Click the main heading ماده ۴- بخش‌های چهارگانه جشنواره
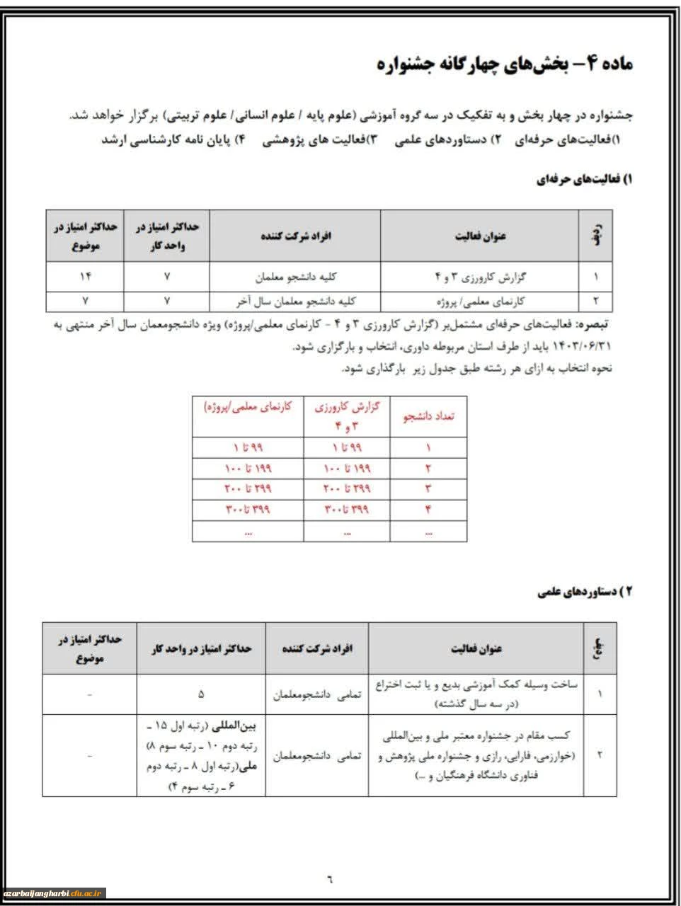click(x=505, y=64)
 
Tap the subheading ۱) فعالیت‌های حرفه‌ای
click(x=584, y=180)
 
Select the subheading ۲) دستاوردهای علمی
click(x=585, y=592)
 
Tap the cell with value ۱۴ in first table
click(x=85, y=276)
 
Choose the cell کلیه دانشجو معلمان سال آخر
click(x=294, y=301)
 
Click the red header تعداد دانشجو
click(x=428, y=415)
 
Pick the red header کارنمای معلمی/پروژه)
click(x=247, y=408)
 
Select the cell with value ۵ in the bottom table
click(x=201, y=694)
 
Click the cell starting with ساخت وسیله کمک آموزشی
click(x=475, y=694)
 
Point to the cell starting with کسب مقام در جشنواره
click(x=475, y=756)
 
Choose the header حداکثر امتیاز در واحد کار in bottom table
click(x=201, y=648)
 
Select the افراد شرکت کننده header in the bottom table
click(x=317, y=648)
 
